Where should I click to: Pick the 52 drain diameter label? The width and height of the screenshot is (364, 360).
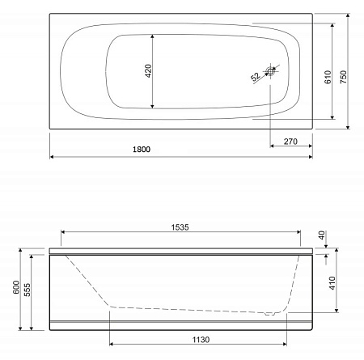[255, 77]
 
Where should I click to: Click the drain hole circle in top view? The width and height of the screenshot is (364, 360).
[271, 72]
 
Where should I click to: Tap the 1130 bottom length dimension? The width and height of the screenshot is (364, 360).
[197, 341]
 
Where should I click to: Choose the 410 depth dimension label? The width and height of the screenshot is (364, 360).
[332, 283]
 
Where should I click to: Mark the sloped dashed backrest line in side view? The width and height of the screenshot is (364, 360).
[87, 282]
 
